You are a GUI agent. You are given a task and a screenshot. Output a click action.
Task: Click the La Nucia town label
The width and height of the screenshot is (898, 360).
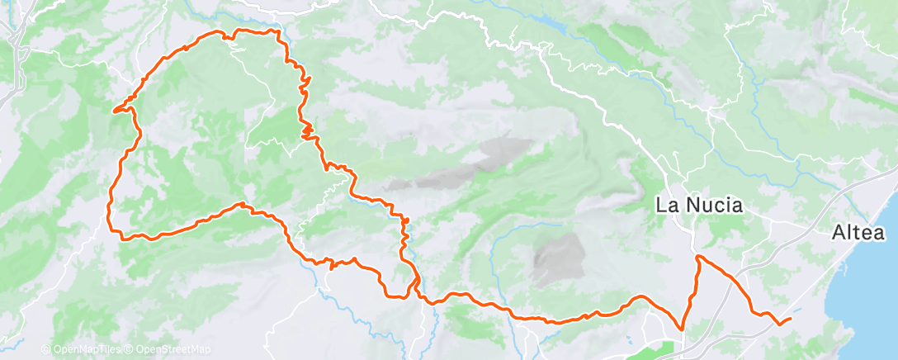click(698, 205)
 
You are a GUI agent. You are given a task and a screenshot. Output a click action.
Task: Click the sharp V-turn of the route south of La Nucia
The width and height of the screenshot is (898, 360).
click(683, 328)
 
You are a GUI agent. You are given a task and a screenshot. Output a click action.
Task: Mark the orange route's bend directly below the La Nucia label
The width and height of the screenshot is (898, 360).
click(699, 258)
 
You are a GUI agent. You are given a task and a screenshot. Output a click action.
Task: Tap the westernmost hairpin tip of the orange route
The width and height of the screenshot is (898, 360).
click(114, 108)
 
